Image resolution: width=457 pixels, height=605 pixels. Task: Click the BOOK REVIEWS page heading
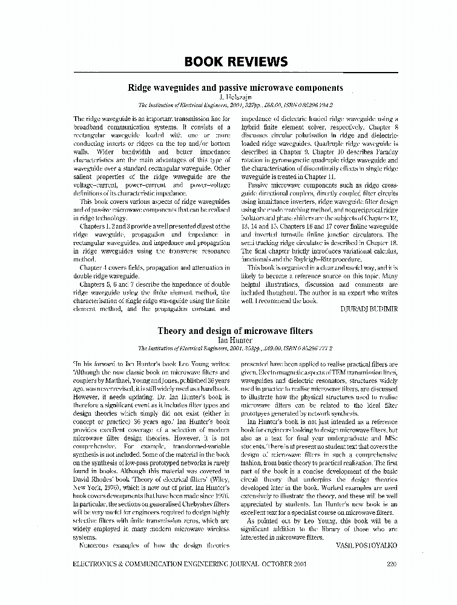(x=235, y=62)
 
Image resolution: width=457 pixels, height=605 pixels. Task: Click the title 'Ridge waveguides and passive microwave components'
(x=235, y=88)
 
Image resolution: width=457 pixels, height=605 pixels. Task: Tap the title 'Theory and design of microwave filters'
(x=235, y=331)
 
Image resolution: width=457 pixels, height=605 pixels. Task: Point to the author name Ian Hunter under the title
(x=235, y=340)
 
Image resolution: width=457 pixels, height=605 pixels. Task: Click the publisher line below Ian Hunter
(x=235, y=348)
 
